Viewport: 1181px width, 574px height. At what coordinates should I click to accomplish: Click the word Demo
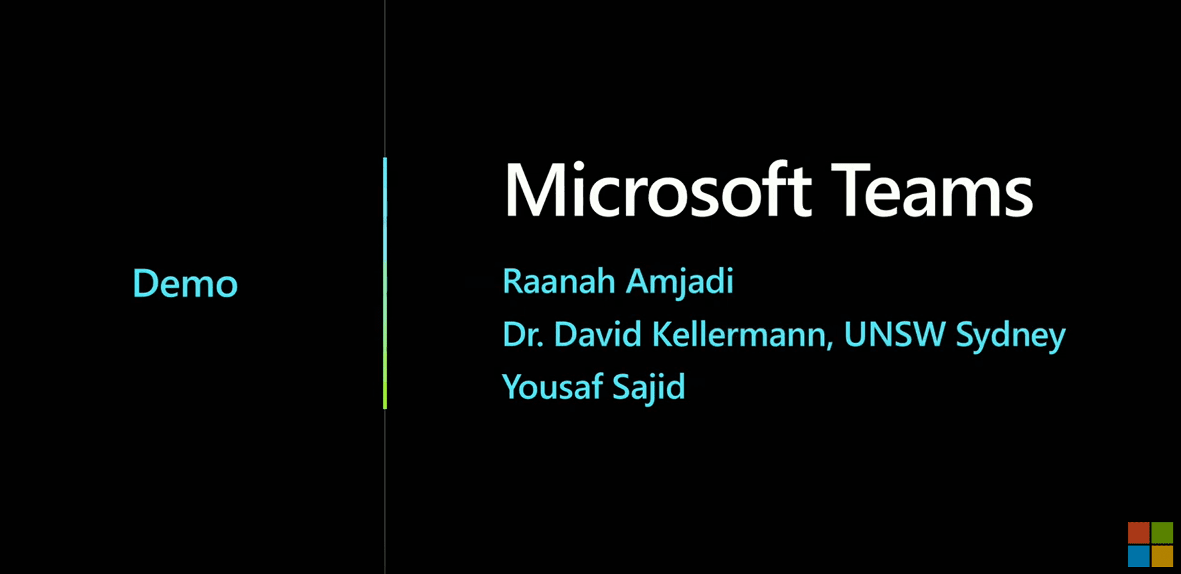click(x=185, y=283)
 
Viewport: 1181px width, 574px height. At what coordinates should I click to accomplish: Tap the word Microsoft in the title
click(x=658, y=190)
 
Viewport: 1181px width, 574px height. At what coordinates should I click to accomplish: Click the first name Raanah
click(x=559, y=282)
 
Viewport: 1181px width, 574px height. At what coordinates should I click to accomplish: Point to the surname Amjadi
click(x=680, y=283)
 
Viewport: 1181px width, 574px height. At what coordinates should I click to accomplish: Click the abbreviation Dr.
click(x=523, y=334)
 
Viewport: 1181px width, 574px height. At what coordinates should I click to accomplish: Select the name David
click(x=598, y=334)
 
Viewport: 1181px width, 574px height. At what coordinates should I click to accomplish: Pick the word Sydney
click(x=1010, y=336)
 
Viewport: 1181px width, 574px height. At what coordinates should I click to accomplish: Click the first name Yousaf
click(x=552, y=387)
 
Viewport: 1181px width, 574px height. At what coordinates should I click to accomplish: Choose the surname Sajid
click(x=649, y=387)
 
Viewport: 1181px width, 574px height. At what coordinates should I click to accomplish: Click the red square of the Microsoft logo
click(x=1139, y=533)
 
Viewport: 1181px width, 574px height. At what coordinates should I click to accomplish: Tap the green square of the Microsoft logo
click(x=1162, y=533)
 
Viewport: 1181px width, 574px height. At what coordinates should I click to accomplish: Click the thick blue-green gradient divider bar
click(x=385, y=283)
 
